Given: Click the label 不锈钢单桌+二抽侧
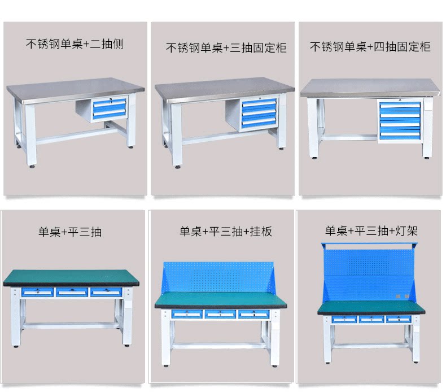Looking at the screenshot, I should pyautogui.click(x=75, y=44).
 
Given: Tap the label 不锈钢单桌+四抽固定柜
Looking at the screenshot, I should pyautogui.click(x=370, y=46).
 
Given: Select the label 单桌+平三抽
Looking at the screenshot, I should pyautogui.click(x=70, y=231).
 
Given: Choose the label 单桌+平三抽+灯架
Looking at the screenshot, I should pyautogui.click(x=371, y=230).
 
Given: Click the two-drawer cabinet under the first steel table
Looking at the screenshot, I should pyautogui.click(x=110, y=108).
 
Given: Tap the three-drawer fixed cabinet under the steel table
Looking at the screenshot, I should pyautogui.click(x=259, y=114).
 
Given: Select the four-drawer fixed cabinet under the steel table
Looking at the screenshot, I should pyautogui.click(x=400, y=120).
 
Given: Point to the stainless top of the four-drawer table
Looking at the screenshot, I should pyautogui.click(x=370, y=88).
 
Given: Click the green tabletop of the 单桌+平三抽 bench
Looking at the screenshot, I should pyautogui.click(x=72, y=277).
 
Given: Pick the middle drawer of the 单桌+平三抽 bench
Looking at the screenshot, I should pyautogui.click(x=72, y=292).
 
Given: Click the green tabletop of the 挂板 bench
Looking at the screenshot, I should pyautogui.click(x=220, y=300).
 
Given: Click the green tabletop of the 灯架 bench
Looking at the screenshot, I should pyautogui.click(x=371, y=308).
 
